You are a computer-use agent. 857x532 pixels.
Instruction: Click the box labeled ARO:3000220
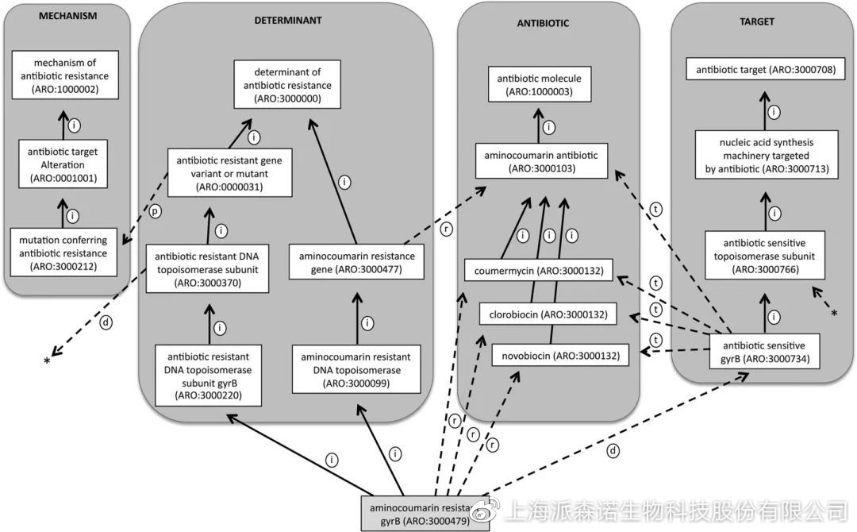click(209, 372)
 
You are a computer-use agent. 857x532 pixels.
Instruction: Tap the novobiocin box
click(559, 355)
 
